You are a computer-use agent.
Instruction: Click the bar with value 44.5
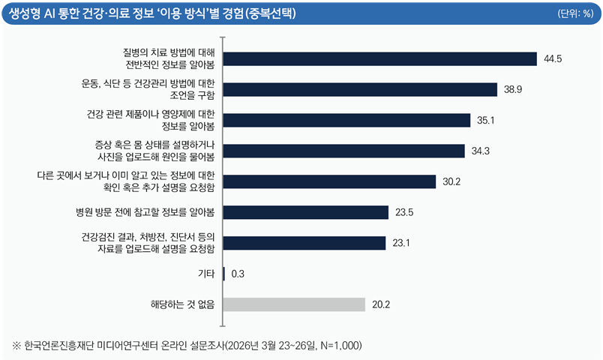[380, 58]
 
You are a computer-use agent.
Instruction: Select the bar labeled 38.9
[361, 89]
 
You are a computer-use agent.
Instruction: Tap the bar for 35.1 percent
[347, 120]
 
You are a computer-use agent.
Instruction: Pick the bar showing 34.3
[344, 151]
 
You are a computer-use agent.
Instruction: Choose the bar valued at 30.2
[330, 181]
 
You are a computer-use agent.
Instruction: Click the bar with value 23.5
[306, 212]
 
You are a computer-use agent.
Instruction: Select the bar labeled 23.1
[304, 243]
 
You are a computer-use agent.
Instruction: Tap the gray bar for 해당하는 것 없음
[295, 304]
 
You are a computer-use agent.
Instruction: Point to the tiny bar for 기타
[224, 274]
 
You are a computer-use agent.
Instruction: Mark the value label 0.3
[238, 274]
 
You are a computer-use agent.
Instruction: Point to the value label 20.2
[381, 304]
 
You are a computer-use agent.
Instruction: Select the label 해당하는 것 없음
[182, 304]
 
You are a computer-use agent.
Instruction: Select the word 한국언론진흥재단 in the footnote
[58, 346]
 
